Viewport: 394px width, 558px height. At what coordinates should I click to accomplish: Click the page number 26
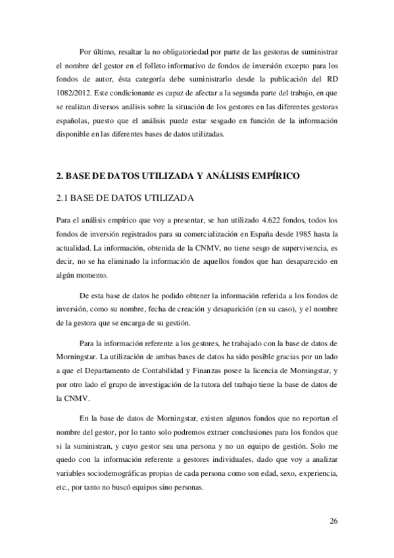pyautogui.click(x=333, y=521)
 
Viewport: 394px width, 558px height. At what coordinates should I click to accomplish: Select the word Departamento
pyautogui.click(x=122, y=372)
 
